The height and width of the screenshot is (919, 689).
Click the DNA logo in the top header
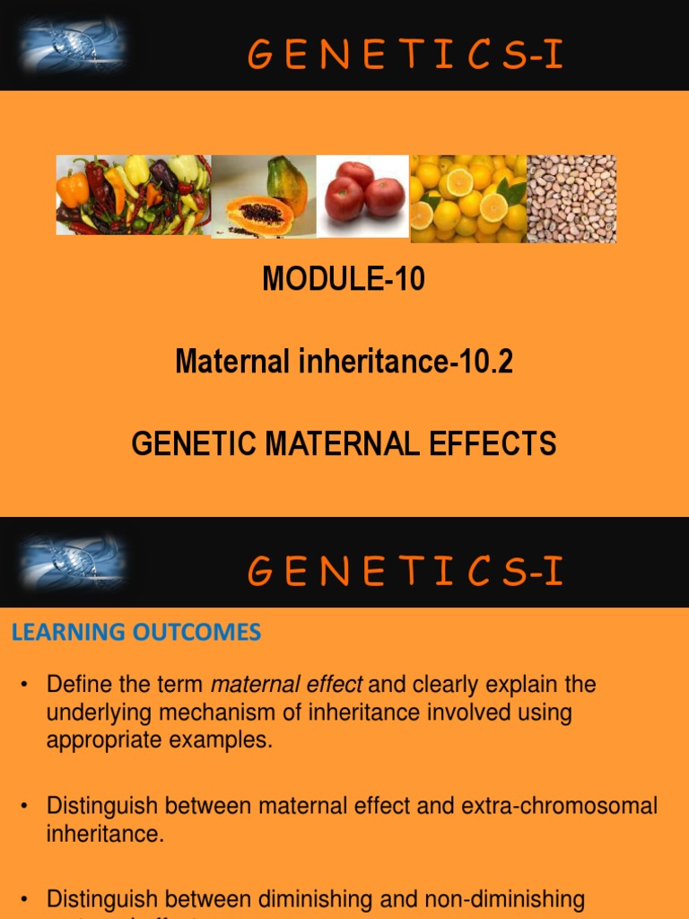(x=74, y=45)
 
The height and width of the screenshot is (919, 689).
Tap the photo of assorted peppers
(x=133, y=195)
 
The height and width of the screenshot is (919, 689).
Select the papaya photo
(x=264, y=197)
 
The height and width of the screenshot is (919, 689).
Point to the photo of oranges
(x=468, y=197)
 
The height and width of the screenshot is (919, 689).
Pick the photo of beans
(x=571, y=198)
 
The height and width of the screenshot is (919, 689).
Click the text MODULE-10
(x=344, y=280)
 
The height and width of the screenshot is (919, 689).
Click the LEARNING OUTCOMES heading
(x=136, y=632)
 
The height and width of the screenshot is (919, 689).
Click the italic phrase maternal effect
(x=286, y=685)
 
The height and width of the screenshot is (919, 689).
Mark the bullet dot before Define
(x=25, y=686)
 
